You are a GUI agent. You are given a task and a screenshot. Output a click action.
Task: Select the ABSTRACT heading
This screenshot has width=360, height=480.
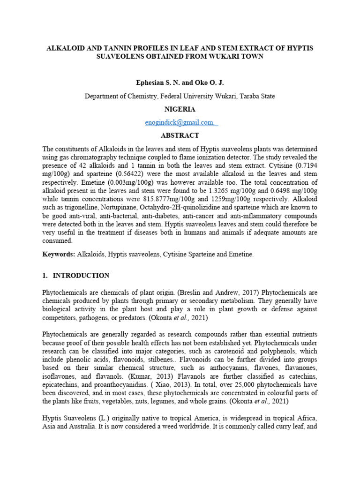180,135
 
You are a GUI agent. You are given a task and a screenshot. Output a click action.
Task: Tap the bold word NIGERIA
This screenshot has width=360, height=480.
180,109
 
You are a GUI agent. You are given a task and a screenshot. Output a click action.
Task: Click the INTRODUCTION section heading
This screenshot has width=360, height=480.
81,276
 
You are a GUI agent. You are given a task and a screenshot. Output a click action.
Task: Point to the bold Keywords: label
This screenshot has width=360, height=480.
59,254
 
